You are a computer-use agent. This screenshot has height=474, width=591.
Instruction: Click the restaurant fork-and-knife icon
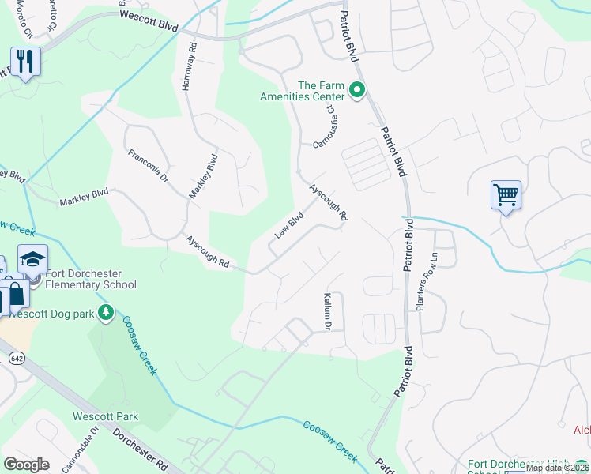25,61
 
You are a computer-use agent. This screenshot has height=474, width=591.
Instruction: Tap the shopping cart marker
505,194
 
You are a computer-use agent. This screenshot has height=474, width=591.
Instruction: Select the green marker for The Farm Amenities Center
356,92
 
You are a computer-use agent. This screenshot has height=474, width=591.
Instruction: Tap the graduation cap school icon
33,258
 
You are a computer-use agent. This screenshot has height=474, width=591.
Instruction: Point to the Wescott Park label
105,416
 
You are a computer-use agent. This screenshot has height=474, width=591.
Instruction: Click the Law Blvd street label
289,224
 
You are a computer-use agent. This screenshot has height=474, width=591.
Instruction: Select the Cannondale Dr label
83,446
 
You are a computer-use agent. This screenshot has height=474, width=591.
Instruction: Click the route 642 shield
15,358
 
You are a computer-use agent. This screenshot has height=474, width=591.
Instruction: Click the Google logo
26,465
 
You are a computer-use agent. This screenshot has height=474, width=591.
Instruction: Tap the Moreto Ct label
24,22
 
